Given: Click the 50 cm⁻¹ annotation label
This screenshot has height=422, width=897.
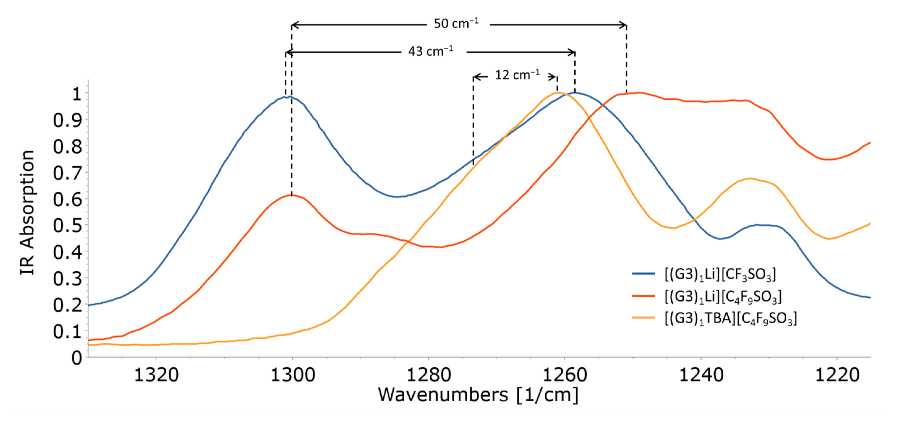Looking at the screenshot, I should (456, 24).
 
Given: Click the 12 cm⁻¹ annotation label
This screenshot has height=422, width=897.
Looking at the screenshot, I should (517, 75).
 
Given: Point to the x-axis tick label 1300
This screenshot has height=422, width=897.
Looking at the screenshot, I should (292, 375).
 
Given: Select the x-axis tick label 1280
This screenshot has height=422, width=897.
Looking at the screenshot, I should (429, 375).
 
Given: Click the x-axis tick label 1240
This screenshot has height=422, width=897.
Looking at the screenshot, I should (701, 375).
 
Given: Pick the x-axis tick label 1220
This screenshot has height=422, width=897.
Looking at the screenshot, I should (837, 375).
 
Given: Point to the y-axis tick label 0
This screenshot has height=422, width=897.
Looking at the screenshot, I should (76, 358).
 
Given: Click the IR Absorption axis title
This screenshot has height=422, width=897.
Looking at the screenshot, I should (27, 213).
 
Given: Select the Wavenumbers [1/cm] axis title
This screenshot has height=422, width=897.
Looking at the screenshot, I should (478, 395).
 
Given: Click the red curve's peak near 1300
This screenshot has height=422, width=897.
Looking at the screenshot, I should (292, 195).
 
